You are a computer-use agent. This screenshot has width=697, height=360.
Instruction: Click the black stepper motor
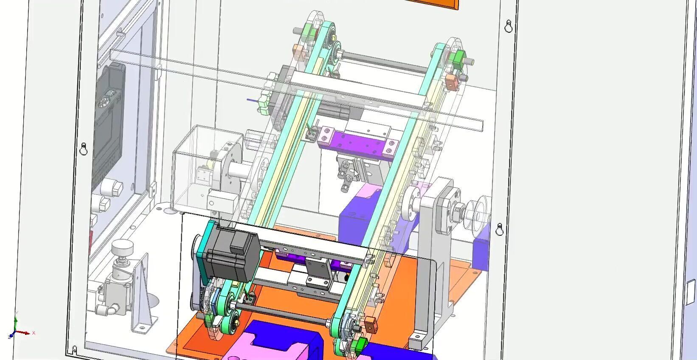point(231,253)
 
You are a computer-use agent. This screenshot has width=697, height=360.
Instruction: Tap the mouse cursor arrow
point(356,174)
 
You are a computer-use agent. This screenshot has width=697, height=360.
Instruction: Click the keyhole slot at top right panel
point(509,27)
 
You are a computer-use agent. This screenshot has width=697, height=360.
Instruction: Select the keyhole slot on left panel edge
point(84,149)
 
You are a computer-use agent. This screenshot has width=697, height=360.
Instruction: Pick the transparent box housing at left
point(200,170)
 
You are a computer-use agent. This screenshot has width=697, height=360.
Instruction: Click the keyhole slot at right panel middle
point(500,229)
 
